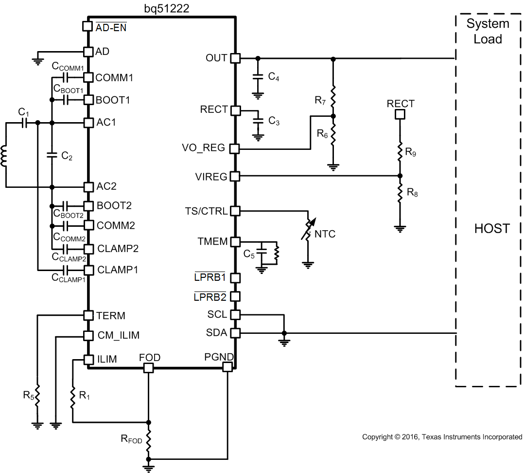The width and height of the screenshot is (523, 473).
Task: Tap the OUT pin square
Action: click(235, 58)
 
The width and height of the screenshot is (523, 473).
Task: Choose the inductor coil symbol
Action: click(5, 156)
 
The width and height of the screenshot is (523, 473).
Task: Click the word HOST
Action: click(492, 228)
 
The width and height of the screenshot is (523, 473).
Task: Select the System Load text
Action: click(488, 31)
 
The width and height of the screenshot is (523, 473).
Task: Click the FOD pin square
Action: click(148, 368)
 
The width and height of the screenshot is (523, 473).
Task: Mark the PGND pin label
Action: click(219, 358)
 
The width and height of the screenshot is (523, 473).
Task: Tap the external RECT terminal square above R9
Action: click(400, 114)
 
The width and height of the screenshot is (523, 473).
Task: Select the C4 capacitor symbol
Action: click(258, 77)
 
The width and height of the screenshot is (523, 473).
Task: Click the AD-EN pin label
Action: click(111, 28)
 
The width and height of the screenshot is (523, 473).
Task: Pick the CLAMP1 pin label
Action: click(118, 270)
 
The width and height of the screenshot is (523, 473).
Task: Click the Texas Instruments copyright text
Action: click(442, 437)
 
